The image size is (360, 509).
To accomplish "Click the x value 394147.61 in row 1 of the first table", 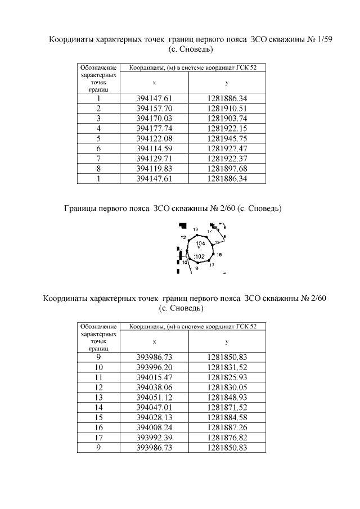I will (155, 98).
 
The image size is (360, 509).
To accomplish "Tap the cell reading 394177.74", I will (155, 128).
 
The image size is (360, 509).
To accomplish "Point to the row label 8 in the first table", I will (98, 169).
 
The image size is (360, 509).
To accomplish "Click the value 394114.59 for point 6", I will (155, 148).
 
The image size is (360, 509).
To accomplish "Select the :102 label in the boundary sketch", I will (199, 256).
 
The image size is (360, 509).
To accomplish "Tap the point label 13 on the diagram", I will (195, 229).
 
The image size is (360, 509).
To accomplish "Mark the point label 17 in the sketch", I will (211, 265).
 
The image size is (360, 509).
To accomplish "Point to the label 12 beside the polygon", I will (183, 238).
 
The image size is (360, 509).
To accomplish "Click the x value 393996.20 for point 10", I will (155, 367).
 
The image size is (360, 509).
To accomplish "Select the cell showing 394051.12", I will (155, 397).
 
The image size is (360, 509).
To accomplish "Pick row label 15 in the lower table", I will (98, 417).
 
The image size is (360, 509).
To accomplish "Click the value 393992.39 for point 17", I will (155, 438).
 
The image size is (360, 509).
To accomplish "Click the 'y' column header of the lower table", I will (227, 341).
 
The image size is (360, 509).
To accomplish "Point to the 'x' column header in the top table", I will (154, 83).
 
